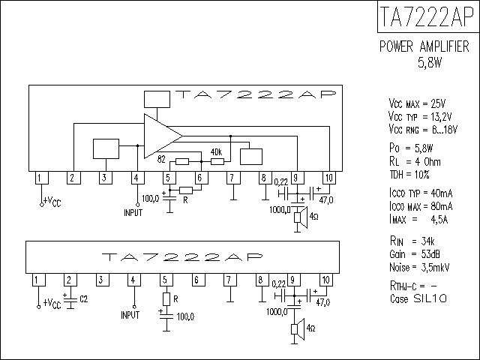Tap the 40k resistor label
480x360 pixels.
(217, 152)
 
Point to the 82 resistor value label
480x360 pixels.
(161, 159)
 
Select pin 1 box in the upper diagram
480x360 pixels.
(42, 178)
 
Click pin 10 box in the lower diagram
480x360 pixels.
(325, 280)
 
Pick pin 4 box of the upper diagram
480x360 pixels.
(137, 178)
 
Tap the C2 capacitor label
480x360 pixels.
(84, 298)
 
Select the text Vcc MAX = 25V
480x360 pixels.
(417, 103)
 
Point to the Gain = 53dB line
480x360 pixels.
(415, 254)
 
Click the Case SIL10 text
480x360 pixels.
(418, 298)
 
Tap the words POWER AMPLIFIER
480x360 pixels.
(424, 46)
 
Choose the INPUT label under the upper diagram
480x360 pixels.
(133, 213)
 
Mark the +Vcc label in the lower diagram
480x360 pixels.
(52, 304)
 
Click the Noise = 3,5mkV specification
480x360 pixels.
(419, 268)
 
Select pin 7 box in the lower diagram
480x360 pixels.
(229, 280)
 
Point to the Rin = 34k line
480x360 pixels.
(412, 241)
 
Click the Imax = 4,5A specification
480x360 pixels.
(418, 220)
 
